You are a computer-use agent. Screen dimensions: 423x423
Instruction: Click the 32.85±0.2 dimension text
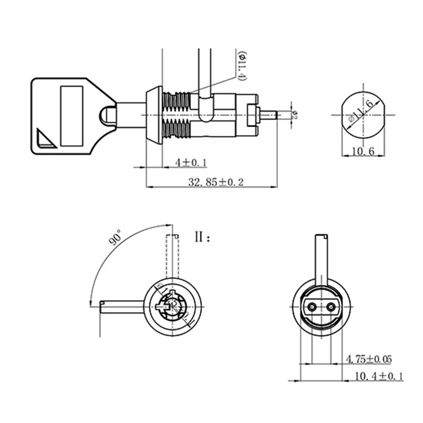pos(216,182)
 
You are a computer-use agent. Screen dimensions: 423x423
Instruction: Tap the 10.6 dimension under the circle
pos(363,151)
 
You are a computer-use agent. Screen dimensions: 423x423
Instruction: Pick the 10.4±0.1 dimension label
pos(379,376)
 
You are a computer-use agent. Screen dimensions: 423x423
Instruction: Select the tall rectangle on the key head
pos(72,114)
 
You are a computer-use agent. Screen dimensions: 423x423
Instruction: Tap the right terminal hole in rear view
pos(331,306)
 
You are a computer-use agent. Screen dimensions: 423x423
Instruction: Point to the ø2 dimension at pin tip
pos(295,114)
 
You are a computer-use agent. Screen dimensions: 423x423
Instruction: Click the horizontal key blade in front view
pos(123,306)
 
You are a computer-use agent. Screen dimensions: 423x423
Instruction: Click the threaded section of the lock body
pos(177,114)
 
